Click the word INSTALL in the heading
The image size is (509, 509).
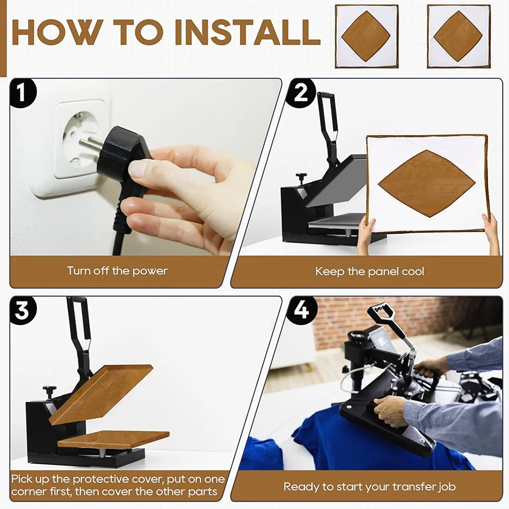tap(247, 32)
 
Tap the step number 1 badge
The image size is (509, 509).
tap(22, 94)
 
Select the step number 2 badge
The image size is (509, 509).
tap(301, 94)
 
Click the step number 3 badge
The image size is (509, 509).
tap(22, 311)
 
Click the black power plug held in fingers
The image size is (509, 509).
tap(124, 156)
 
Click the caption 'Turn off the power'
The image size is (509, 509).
tap(117, 271)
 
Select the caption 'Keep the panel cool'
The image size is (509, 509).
tap(370, 271)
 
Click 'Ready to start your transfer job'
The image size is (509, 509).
tap(370, 487)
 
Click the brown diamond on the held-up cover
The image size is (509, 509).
tap(427, 184)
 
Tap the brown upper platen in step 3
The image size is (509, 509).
tap(101, 395)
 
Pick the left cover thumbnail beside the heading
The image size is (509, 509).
tap(367, 37)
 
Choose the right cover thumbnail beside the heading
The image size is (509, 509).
tap(459, 37)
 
